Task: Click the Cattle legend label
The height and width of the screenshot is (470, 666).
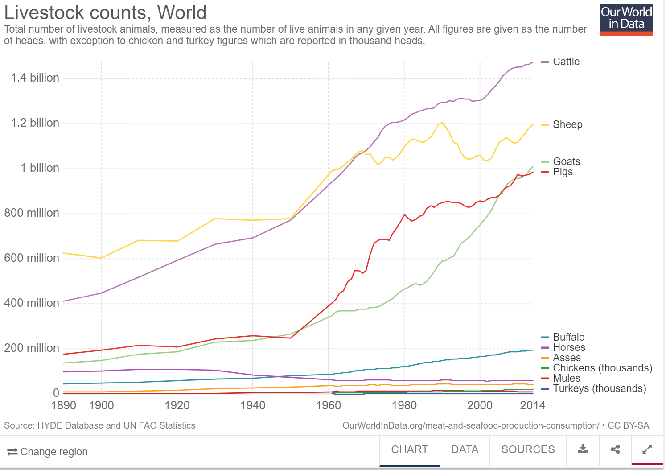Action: pyautogui.click(x=566, y=62)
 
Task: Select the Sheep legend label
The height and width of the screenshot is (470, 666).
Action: pyautogui.click(x=567, y=124)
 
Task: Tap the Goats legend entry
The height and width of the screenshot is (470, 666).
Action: pyautogui.click(x=566, y=161)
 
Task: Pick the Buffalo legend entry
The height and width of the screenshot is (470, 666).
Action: pyautogui.click(x=568, y=337)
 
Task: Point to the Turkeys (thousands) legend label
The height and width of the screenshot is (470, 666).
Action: pyautogui.click(x=599, y=388)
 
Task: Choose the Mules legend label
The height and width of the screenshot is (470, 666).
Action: pyautogui.click(x=566, y=378)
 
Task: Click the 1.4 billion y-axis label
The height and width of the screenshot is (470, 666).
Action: pyautogui.click(x=35, y=78)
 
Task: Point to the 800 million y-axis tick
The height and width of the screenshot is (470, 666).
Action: pyautogui.click(x=32, y=213)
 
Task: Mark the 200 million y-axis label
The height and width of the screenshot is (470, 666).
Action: pyautogui.click(x=32, y=348)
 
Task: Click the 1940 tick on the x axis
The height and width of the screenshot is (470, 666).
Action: pyautogui.click(x=253, y=405)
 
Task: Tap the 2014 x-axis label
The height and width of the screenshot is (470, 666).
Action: pyautogui.click(x=532, y=405)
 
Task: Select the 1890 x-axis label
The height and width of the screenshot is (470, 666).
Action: pyautogui.click(x=64, y=405)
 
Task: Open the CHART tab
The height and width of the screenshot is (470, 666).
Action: pyautogui.click(x=409, y=449)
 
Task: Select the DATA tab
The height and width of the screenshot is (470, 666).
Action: pyautogui.click(x=465, y=449)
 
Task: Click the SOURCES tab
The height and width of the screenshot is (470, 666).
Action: pyautogui.click(x=528, y=449)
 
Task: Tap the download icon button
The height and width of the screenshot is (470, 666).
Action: pyautogui.click(x=583, y=449)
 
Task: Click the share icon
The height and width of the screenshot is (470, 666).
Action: pyautogui.click(x=615, y=449)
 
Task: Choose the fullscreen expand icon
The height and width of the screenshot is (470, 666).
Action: pyautogui.click(x=647, y=449)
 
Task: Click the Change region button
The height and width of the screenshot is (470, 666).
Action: pyautogui.click(x=48, y=452)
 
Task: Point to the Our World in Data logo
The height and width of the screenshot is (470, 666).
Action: pyautogui.click(x=626, y=20)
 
